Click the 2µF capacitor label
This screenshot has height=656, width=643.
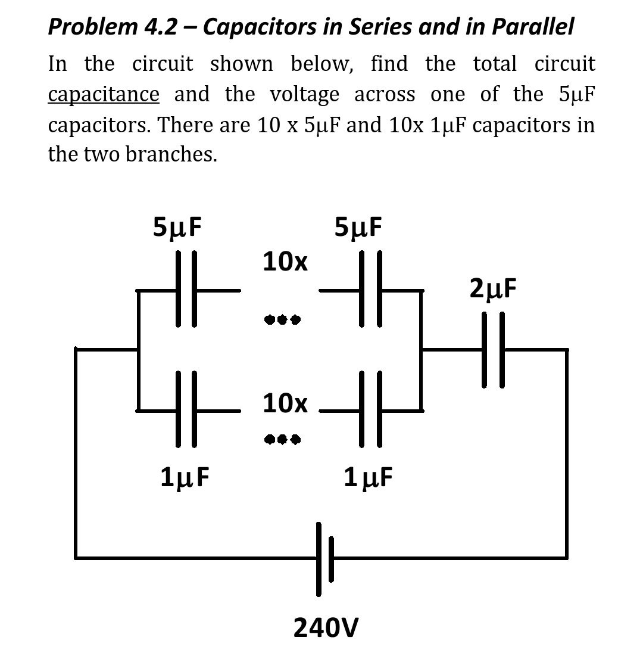493,289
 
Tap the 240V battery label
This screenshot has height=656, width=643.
326,627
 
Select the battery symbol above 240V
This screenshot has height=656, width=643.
325,558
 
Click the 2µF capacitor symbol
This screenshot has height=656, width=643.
494,350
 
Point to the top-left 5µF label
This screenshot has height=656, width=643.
177,227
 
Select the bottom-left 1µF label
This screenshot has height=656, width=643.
185,477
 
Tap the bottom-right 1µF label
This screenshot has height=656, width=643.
368,477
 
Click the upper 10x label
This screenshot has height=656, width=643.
285,261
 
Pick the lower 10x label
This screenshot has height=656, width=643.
285,403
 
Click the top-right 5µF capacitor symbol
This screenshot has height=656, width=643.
370,290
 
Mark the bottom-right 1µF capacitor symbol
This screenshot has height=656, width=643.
370,410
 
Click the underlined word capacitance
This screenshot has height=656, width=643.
104,95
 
